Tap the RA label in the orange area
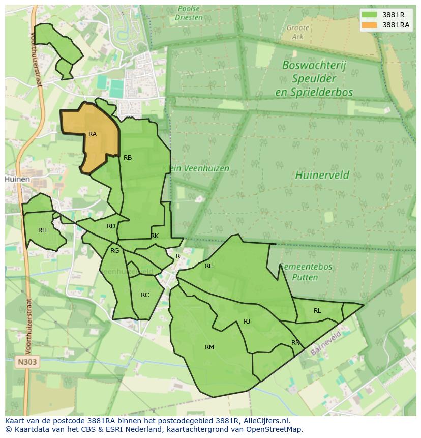(x=93, y=134)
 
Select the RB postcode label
(x=128, y=158)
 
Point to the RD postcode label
(x=111, y=226)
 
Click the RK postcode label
(x=155, y=236)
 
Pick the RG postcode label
(x=115, y=251)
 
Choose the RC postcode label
(x=145, y=295)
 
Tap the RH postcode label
(x=42, y=230)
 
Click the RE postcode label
(x=208, y=266)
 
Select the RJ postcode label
(x=247, y=321)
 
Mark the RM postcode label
(x=209, y=347)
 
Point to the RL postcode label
(x=317, y=311)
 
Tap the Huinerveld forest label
(x=322, y=176)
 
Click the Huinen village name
(x=17, y=180)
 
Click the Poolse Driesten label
(x=189, y=13)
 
